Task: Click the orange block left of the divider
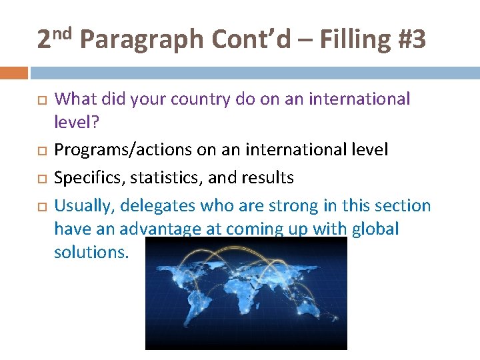(14, 72)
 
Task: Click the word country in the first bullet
(200, 100)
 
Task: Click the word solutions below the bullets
(91, 252)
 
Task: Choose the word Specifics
(85, 178)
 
